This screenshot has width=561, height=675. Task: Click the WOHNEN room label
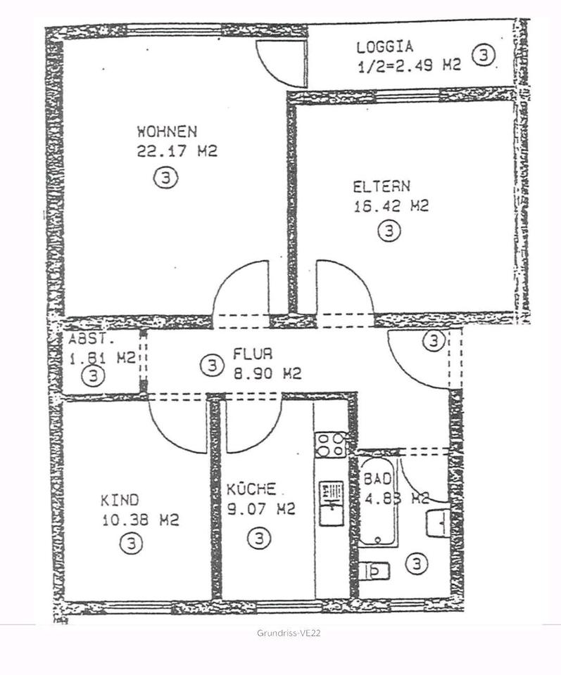[x=167, y=131]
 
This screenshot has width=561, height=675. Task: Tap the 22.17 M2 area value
[x=177, y=151]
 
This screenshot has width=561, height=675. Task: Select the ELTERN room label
[x=382, y=187]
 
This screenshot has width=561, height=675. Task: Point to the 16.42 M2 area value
[x=391, y=206]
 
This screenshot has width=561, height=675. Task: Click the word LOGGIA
[x=384, y=48]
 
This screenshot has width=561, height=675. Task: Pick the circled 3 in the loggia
[x=484, y=55]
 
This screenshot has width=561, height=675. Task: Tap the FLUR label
[x=253, y=354]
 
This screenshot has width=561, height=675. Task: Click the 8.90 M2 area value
[x=267, y=373]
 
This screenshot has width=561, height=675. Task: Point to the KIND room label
[x=120, y=500]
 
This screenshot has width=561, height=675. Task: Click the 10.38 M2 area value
[x=139, y=520]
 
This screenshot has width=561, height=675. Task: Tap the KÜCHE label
[x=251, y=489]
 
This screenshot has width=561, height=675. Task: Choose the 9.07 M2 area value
[x=260, y=509]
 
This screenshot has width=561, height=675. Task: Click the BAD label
[x=377, y=478]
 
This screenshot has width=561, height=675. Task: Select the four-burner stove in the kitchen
[x=330, y=444]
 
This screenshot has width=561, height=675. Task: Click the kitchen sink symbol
[x=330, y=502]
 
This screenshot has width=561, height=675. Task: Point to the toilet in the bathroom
[x=374, y=570]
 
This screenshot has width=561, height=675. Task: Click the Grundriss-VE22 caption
[x=289, y=634]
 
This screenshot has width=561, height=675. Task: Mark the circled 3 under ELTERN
[x=389, y=231]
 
